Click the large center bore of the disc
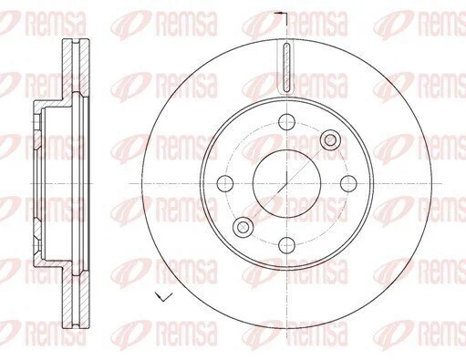coord(286,183)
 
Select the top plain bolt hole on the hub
coord(286,122)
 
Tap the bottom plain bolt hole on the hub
coord(286,245)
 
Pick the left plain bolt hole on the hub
coord(225,183)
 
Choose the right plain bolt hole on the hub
coord(348,183)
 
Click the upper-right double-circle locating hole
coord(330,140)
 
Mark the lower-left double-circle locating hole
coord(243,227)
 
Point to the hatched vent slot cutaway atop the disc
coord(286,67)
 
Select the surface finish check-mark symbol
coord(163,296)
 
